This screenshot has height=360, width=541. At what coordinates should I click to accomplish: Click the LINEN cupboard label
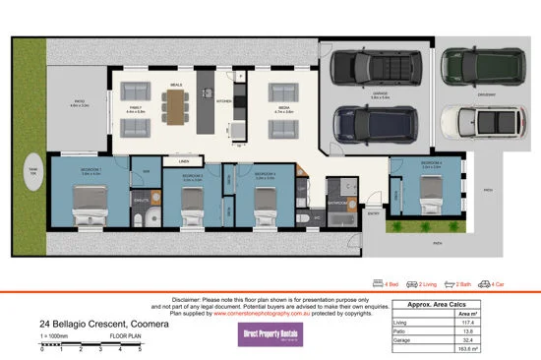coord(184,157)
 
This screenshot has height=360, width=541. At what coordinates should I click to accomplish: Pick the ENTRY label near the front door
coord(373,210)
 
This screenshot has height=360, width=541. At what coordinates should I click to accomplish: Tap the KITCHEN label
coord(223,99)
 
